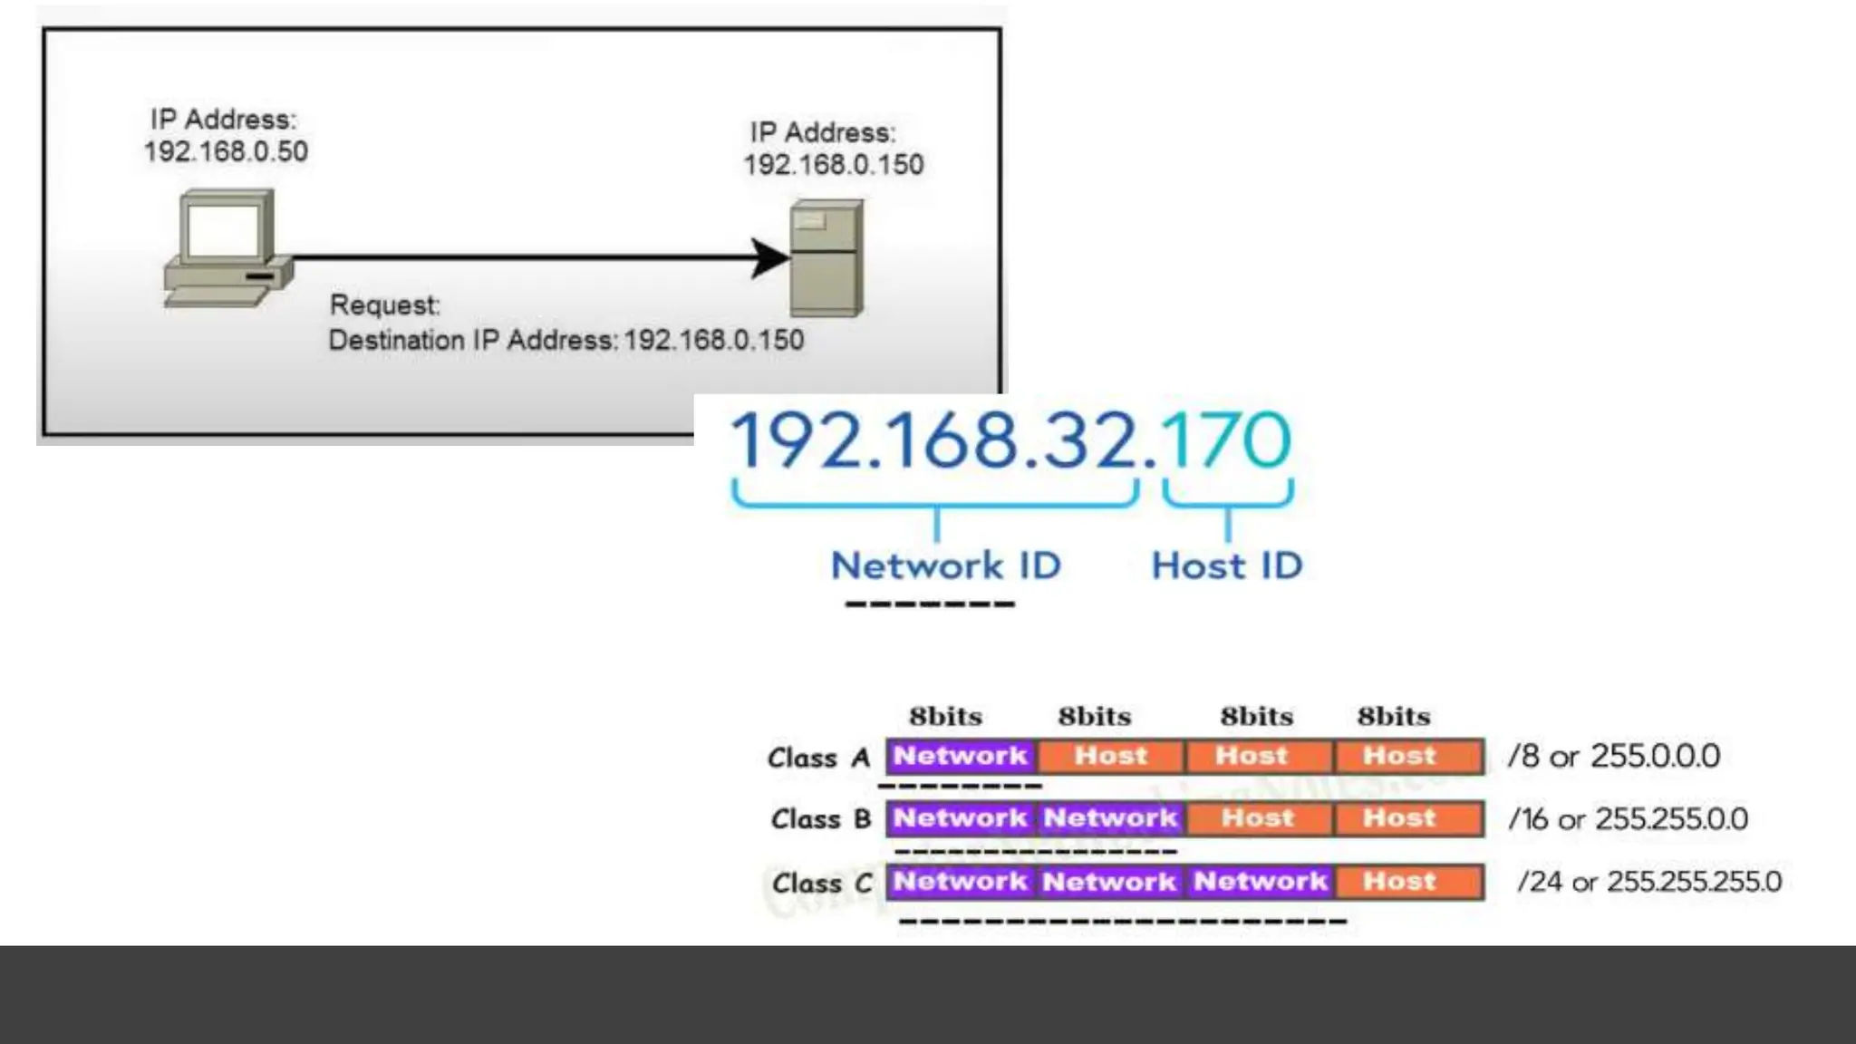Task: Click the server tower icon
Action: pyautogui.click(x=826, y=258)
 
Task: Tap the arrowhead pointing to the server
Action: pyautogui.click(x=770, y=258)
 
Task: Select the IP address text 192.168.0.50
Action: pyautogui.click(x=226, y=151)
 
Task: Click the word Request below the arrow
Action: pyautogui.click(x=384, y=304)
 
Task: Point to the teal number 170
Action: pyautogui.click(x=1225, y=440)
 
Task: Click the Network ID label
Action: pyautogui.click(x=945, y=565)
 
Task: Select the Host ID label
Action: pyautogui.click(x=1226, y=565)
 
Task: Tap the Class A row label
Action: pyautogui.click(x=818, y=758)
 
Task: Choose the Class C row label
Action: pyautogui.click(x=821, y=883)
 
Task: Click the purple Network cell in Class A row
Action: pyautogui.click(x=961, y=756)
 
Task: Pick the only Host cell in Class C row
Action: pyautogui.click(x=1400, y=881)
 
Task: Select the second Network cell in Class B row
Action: pyautogui.click(x=1110, y=818)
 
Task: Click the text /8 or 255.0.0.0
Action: pyautogui.click(x=1613, y=756)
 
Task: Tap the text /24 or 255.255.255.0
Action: pyautogui.click(x=1649, y=882)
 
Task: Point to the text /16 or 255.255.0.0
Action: pyautogui.click(x=1628, y=819)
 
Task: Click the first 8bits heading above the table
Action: pyautogui.click(x=945, y=717)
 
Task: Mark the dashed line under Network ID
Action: pyautogui.click(x=930, y=604)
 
